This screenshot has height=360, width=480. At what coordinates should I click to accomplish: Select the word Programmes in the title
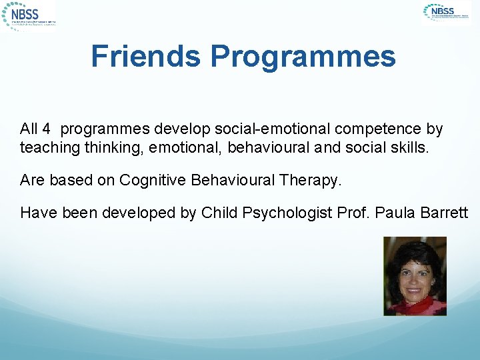click(303, 57)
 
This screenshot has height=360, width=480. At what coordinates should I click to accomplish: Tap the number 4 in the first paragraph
click(46, 129)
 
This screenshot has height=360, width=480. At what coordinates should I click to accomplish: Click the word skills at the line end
click(411, 147)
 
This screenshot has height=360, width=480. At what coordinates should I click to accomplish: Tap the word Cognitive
click(153, 180)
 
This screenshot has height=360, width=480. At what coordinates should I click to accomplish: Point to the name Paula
click(395, 213)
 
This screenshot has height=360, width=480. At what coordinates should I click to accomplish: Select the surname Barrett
click(445, 213)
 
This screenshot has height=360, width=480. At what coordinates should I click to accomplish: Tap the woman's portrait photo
click(415, 276)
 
